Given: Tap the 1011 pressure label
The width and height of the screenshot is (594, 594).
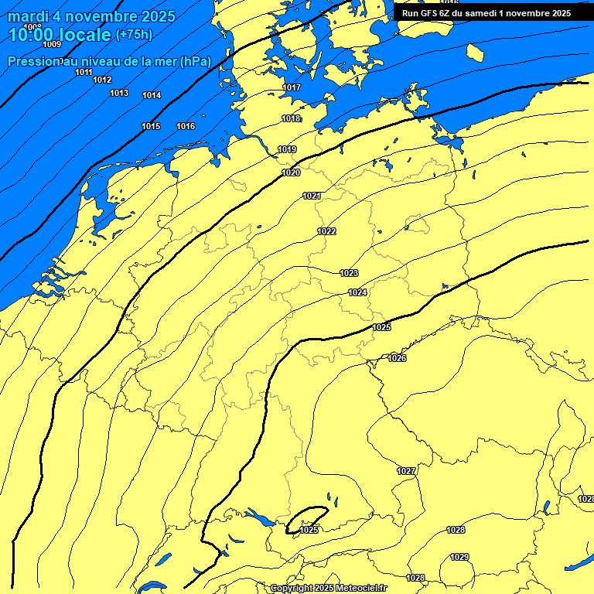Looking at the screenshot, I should tap(84, 72).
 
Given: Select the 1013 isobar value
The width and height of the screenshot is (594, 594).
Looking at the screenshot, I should tap(119, 93).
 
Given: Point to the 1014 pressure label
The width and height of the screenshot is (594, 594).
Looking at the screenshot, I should tap(152, 95).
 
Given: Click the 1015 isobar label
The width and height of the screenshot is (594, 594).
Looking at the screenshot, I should tap(151, 126).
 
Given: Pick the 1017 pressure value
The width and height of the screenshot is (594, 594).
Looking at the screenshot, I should tap(292, 87).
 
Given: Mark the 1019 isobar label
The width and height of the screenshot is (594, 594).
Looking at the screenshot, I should tap(287, 149).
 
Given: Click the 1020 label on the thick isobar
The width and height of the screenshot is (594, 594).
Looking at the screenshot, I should tap(291, 172).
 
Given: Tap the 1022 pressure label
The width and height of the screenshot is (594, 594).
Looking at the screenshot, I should tap(326, 231).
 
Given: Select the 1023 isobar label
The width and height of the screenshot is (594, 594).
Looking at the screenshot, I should tap(349, 273).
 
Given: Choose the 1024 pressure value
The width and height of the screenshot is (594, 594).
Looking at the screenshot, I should tap(357, 292).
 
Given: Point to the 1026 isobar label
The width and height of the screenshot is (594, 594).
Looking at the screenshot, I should tap(397, 358).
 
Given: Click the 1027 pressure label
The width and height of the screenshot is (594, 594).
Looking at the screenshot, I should tap(406, 471).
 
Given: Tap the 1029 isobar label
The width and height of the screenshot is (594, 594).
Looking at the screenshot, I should tap(459, 557).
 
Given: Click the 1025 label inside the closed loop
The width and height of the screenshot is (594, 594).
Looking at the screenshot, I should tap(309, 530).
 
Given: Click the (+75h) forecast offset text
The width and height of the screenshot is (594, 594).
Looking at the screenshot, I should tap(134, 35).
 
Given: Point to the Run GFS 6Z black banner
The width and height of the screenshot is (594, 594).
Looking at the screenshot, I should tap(486, 12).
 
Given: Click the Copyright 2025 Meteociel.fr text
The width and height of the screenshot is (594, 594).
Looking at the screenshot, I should tap(328, 588).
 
